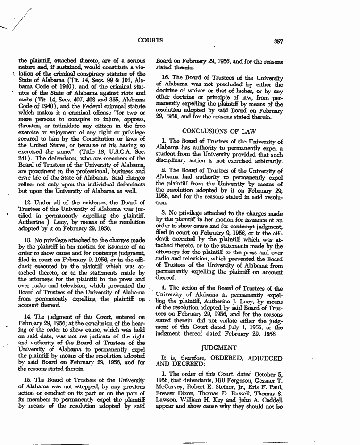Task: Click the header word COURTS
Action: coord(151,40)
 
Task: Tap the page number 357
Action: coord(277,42)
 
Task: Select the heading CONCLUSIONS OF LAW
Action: coord(219,131)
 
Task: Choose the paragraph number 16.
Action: coord(166,77)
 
